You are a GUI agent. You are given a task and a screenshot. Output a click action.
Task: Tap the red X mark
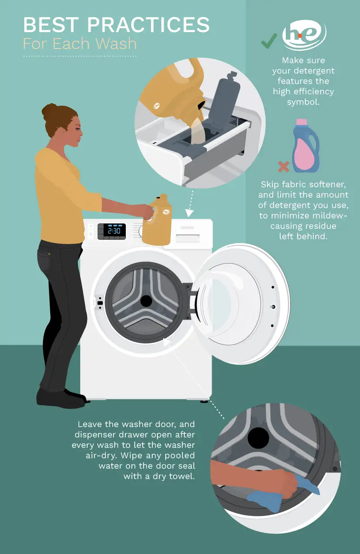coord(283,166)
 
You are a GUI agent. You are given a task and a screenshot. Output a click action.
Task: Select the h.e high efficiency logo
coord(304,36)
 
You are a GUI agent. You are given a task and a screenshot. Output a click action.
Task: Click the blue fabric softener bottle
coord(306,147)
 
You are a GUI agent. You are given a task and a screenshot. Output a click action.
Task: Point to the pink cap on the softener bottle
coord(301,122)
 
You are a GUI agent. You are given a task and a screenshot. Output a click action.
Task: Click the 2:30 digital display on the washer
coord(114,231)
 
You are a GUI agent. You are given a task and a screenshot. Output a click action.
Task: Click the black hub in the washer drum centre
coord(146,300)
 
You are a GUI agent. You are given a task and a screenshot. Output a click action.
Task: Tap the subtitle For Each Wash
coord(80,44)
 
